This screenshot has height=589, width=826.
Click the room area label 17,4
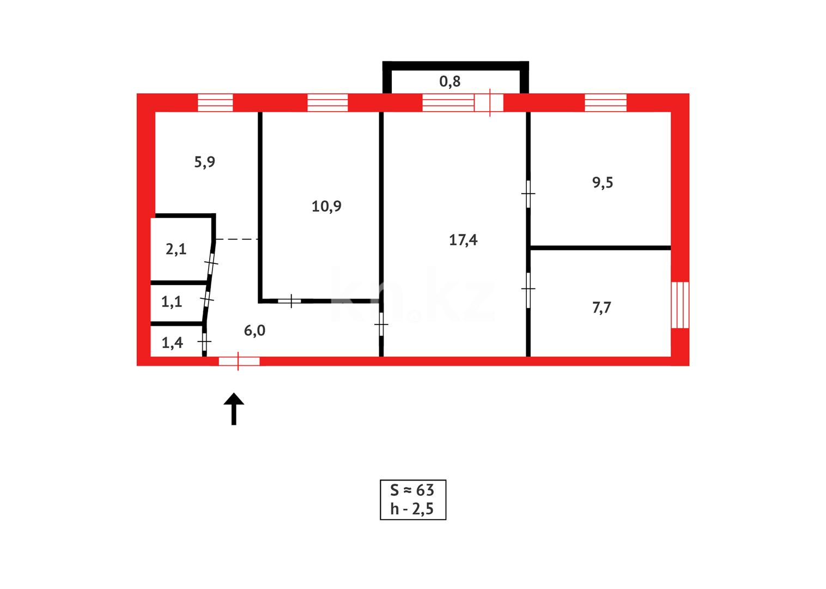pos(463,240)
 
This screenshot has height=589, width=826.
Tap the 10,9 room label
pos(326,206)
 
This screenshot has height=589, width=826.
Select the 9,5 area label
pos(603,183)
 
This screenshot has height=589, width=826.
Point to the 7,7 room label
pos(602,308)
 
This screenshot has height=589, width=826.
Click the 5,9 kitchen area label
pos(205,162)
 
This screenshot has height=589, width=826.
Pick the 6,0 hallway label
pos(254,330)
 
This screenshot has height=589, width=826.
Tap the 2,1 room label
pos(176,249)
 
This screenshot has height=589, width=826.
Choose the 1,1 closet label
pos(172,302)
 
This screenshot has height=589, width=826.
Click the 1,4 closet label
pos(172,343)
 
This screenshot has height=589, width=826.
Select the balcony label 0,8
pos(450,82)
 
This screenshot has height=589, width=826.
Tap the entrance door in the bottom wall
pos(239,361)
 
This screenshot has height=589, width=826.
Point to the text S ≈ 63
pos(412,490)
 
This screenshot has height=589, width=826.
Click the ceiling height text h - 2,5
pos(412,509)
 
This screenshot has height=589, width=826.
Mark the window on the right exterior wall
pos(680,305)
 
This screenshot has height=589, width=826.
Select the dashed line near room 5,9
pos(236,239)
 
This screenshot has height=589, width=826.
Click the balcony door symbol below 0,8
pos(489,103)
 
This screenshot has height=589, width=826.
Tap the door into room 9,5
pos(528,194)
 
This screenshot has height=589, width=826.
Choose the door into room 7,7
pos(528,290)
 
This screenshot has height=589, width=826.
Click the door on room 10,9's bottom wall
pos(290,300)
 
